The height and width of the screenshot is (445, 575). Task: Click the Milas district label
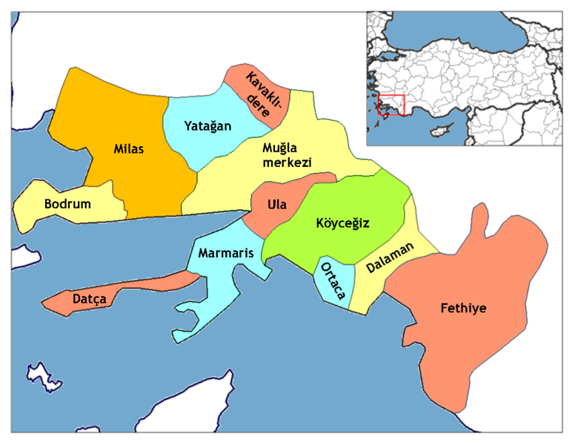pyautogui.click(x=129, y=149)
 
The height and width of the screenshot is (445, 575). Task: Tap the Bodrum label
pyautogui.click(x=67, y=203)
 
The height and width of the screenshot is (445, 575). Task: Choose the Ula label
pyautogui.click(x=279, y=202)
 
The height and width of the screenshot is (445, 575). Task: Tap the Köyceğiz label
pyautogui.click(x=342, y=222)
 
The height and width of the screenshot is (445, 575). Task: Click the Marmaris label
pyautogui.click(x=226, y=253)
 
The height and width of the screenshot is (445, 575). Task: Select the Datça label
pyautogui.click(x=90, y=299)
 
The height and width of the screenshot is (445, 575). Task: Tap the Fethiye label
pyautogui.click(x=463, y=307)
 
